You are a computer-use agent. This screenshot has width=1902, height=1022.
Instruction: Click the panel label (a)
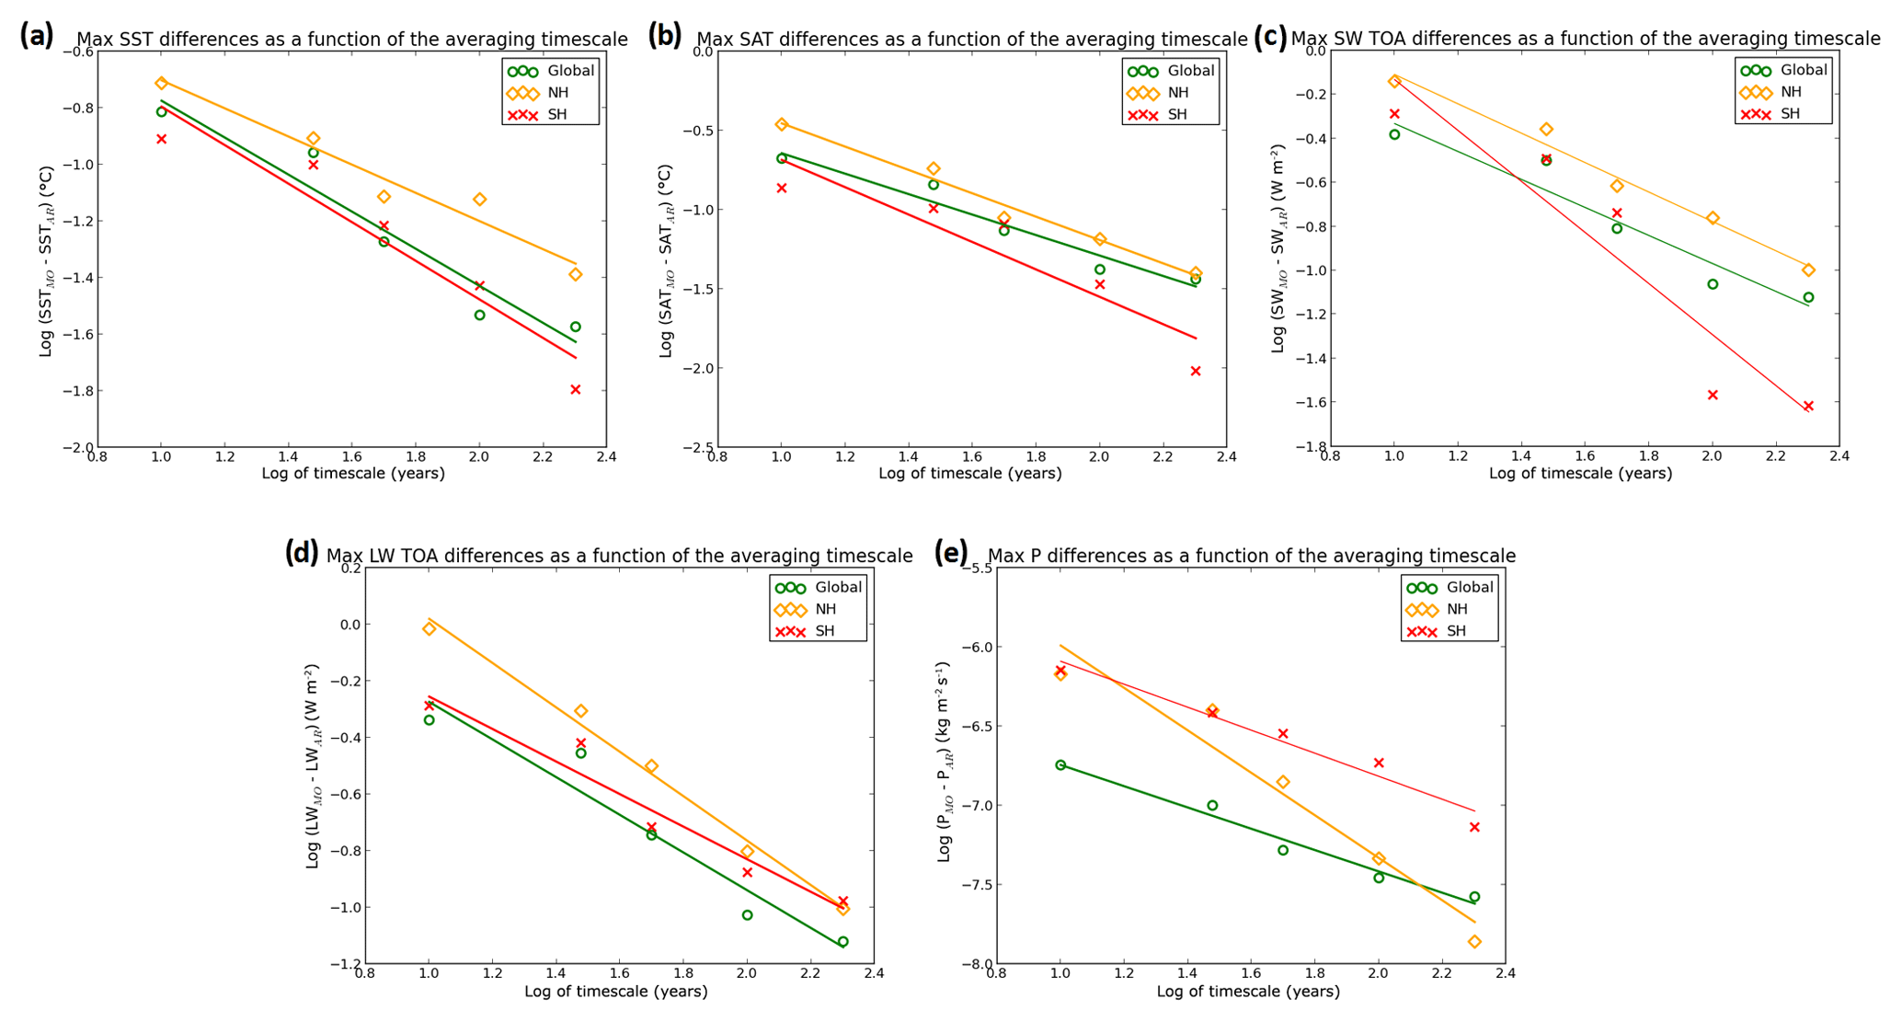pos(37,36)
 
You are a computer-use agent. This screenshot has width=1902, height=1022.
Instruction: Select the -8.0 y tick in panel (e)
pos(974,964)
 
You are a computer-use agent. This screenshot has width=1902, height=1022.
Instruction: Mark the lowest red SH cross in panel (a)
pos(576,390)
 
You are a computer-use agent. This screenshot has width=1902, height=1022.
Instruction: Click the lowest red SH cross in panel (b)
pos(1196,372)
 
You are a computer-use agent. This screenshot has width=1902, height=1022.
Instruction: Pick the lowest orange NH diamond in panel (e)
pos(1474,942)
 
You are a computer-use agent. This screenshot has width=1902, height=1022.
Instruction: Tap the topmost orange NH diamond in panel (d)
pos(429,629)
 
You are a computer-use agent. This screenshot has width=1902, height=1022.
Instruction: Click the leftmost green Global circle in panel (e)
pos(1060,765)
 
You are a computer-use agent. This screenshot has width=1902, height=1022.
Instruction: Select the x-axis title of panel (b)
pos(969,474)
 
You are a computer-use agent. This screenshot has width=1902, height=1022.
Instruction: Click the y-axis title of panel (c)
pos(1278,248)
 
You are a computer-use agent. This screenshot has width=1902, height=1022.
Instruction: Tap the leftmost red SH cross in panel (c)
pos(1394,114)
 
